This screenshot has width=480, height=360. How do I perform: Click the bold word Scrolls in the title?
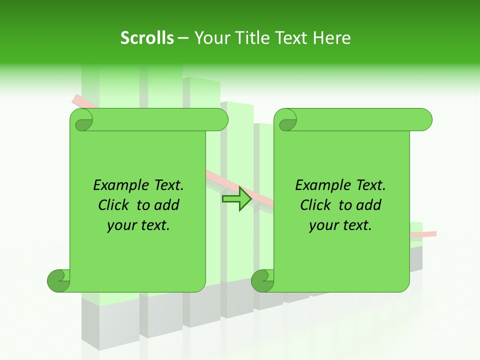pyautogui.click(x=147, y=38)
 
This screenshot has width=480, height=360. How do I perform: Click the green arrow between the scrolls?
pyautogui.click(x=236, y=199)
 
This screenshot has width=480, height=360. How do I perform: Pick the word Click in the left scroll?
pyautogui.click(x=114, y=205)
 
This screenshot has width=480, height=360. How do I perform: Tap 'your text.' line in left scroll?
pyautogui.click(x=138, y=225)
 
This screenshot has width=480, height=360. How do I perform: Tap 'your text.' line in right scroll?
pyautogui.click(x=340, y=225)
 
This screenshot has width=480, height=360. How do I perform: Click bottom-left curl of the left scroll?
pyautogui.click(x=59, y=280)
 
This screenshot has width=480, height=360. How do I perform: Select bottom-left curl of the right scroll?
pyautogui.click(x=263, y=280)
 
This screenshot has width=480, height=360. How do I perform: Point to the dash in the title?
pyautogui.click(x=183, y=38)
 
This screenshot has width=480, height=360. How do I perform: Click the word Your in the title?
pyautogui.click(x=212, y=38)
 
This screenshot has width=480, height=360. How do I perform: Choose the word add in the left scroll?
pyautogui.click(x=167, y=205)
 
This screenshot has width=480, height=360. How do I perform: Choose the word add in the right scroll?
pyautogui.click(x=369, y=205)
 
